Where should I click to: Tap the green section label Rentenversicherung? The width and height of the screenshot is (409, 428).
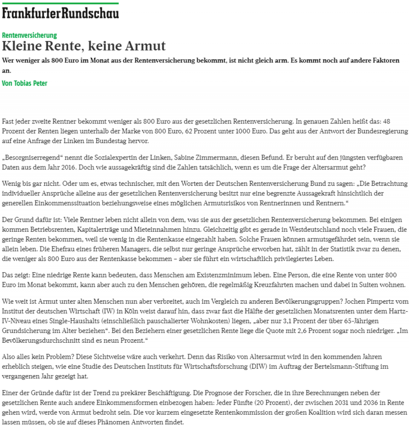29,35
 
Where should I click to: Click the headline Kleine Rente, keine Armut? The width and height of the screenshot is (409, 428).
84,46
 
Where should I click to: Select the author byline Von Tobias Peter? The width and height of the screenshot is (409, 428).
25,83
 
